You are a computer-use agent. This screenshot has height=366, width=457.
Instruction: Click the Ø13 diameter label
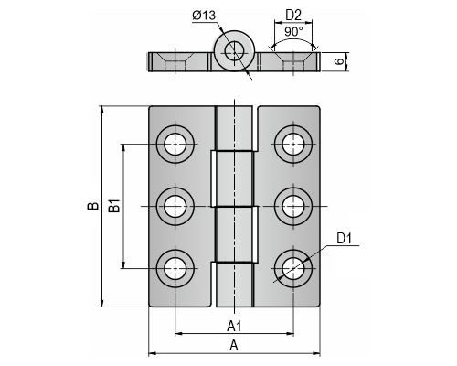204,15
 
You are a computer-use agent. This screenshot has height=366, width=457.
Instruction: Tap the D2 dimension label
293,16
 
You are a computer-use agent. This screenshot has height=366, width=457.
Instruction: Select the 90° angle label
293,31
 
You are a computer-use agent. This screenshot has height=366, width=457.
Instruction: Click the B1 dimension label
114,206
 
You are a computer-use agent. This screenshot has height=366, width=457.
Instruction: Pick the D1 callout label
345,239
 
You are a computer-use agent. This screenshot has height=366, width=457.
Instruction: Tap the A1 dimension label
234,327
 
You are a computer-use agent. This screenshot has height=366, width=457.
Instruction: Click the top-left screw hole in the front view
175,144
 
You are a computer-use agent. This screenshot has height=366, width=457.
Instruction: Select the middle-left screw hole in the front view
175,207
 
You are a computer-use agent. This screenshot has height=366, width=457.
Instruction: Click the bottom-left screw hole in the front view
175,269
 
